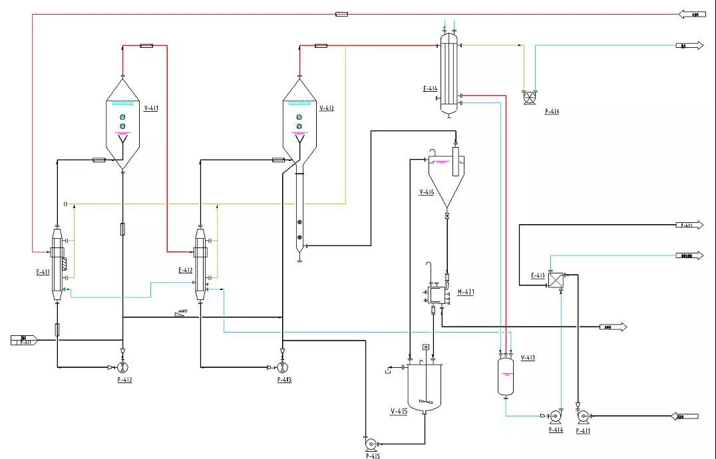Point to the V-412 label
327,108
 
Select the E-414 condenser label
429,88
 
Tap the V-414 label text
427,192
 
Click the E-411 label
42,271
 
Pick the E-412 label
186,271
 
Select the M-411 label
466,291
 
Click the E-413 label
538,275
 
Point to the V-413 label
528,358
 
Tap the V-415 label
399,412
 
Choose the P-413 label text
284,380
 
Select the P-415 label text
373,456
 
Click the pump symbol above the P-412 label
122,367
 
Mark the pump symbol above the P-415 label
370,443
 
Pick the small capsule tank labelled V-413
506,377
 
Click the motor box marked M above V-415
425,348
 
